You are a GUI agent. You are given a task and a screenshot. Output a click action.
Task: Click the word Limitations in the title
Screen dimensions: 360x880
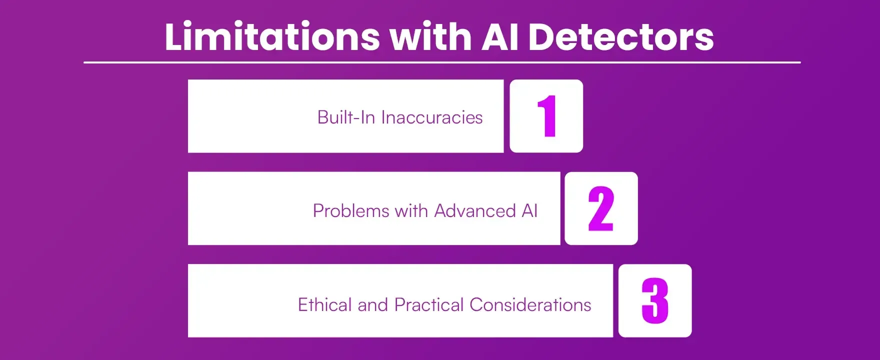tap(272, 36)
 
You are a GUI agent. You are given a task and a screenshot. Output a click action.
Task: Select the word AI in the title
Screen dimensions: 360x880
tap(499, 36)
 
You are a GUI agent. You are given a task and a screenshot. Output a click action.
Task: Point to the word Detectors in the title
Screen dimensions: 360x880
tap(620, 36)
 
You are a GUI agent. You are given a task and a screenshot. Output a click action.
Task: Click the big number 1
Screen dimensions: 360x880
tap(547, 116)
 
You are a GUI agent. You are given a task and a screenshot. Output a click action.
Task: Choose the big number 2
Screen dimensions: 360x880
tap(601, 208)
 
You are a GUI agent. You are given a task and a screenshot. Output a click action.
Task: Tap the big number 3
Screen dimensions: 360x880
tap(655, 300)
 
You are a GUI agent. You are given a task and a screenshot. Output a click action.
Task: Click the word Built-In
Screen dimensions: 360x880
tap(346, 117)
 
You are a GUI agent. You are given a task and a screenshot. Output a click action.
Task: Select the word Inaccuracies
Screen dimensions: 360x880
tap(432, 117)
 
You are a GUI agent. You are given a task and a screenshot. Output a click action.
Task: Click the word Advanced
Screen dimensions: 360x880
tap(475, 211)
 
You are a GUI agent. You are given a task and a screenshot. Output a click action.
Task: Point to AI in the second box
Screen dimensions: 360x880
tap(529, 211)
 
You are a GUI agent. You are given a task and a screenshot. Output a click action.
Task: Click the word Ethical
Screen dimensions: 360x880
tap(325, 304)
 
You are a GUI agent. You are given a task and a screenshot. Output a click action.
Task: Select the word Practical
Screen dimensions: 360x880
tap(429, 304)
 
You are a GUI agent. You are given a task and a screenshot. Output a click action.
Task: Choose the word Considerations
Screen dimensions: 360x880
tap(530, 304)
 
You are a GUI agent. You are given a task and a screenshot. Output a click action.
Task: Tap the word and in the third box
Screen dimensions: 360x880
tap(372, 304)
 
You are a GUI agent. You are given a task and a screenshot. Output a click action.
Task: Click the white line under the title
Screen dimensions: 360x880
tap(442, 62)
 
